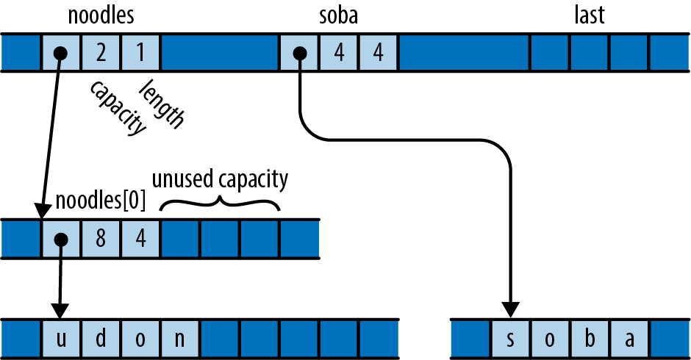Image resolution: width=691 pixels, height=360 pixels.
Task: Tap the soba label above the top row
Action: tap(339, 15)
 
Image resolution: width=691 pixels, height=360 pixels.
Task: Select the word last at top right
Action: tap(589, 15)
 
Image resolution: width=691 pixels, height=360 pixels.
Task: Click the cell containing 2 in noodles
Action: tap(101, 53)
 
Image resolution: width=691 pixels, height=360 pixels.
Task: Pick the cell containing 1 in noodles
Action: tap(140, 53)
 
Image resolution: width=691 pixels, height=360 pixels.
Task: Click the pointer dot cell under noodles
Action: tap(61, 53)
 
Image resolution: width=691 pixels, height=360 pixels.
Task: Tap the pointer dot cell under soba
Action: tap(299, 53)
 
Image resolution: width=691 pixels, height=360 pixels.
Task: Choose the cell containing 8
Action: tap(101, 239)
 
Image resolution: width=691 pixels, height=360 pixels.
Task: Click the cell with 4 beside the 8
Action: tap(140, 239)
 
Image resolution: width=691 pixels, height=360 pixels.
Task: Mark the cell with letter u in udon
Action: tap(61, 339)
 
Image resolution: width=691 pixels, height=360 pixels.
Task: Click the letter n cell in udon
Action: tap(180, 339)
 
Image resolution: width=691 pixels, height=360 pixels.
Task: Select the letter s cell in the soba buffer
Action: tap(510, 339)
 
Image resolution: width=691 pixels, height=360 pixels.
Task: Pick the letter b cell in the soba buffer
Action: tap(590, 339)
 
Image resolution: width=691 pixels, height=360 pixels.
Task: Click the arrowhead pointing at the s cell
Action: tap(510, 308)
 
